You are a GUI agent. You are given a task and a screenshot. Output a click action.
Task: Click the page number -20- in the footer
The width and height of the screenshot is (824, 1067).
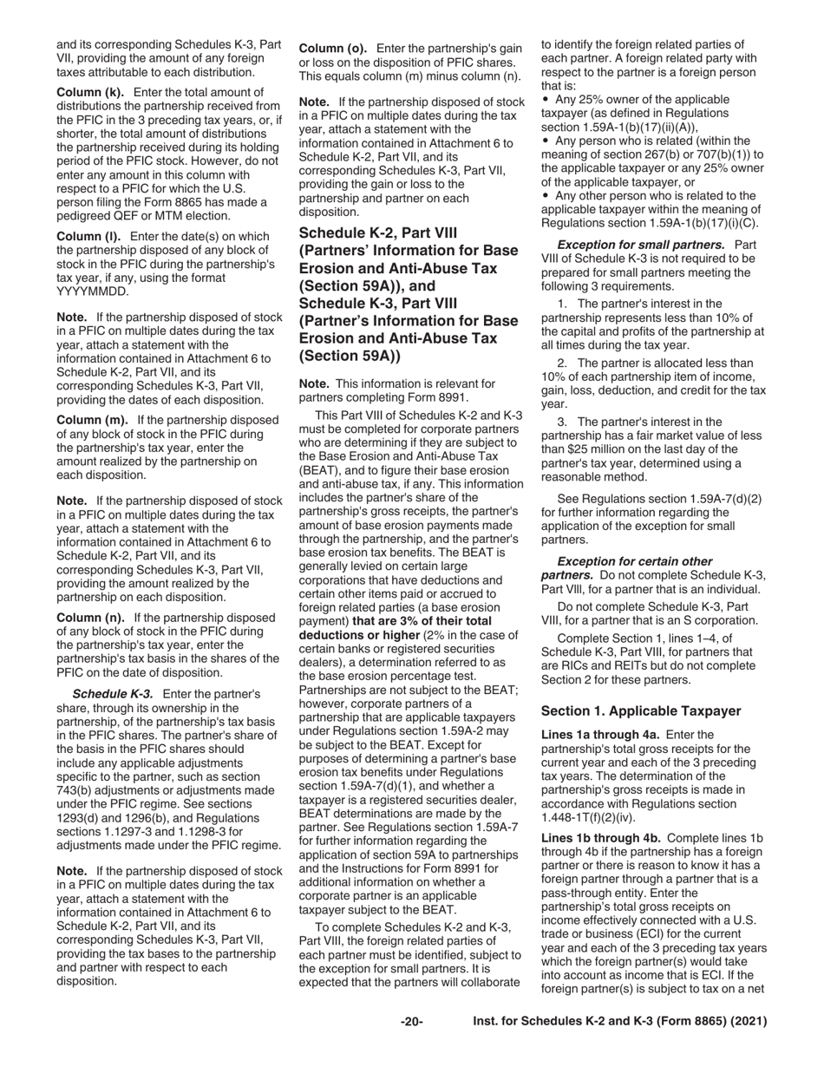tap(411, 1022)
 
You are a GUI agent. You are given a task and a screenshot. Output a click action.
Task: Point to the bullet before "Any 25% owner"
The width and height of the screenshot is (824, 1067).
tap(545, 101)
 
